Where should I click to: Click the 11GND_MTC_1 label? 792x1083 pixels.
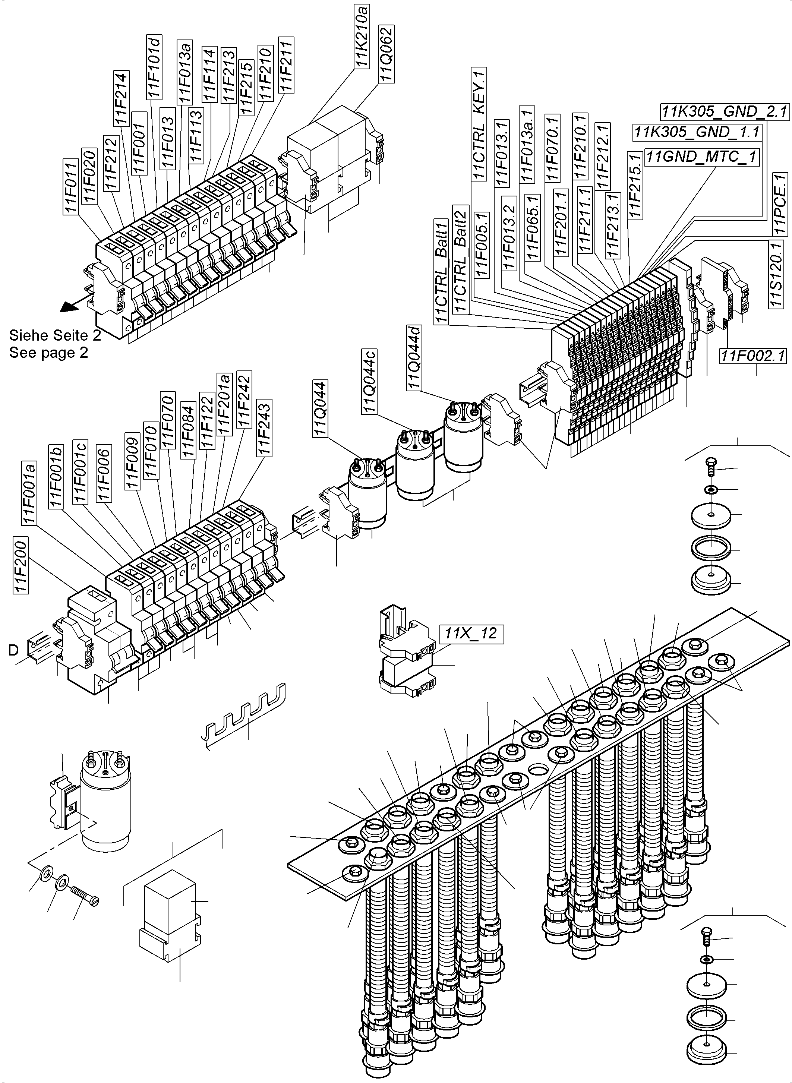(x=702, y=157)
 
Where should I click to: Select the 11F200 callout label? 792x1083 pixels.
(x=20, y=565)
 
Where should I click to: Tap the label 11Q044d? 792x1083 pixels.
(x=414, y=358)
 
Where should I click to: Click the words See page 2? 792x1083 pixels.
(x=48, y=353)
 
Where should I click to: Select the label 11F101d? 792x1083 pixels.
(x=155, y=67)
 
